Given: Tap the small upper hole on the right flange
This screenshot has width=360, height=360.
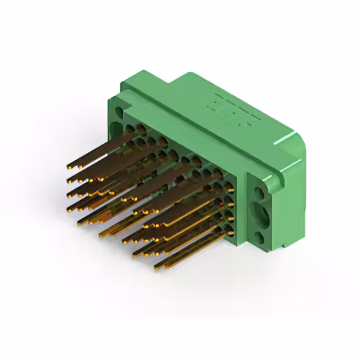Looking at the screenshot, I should point(259,192).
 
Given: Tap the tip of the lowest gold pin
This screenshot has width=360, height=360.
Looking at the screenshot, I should point(156,265).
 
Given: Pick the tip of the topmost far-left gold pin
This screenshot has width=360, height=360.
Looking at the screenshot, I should point(69,167).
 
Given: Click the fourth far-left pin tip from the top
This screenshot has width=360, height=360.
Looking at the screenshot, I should point(69,209).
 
